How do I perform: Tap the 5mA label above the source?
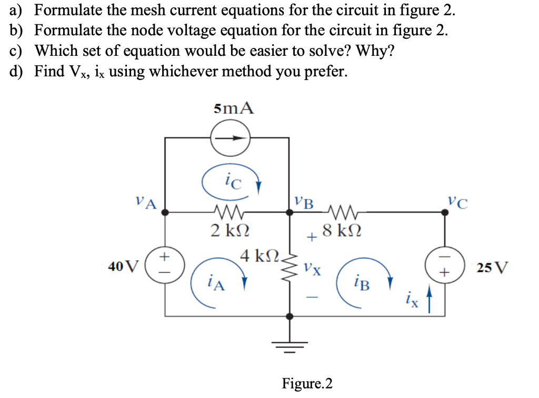pyautogui.click(x=234, y=109)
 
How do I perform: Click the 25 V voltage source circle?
pyautogui.click(x=446, y=265)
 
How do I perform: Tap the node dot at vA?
pyautogui.click(x=165, y=212)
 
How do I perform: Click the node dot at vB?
pyautogui.click(x=290, y=212)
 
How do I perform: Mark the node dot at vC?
pyautogui.click(x=446, y=212)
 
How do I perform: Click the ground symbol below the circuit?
pyautogui.click(x=290, y=345)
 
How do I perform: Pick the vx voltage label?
pyautogui.click(x=309, y=269)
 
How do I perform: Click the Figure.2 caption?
pyautogui.click(x=307, y=383)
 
